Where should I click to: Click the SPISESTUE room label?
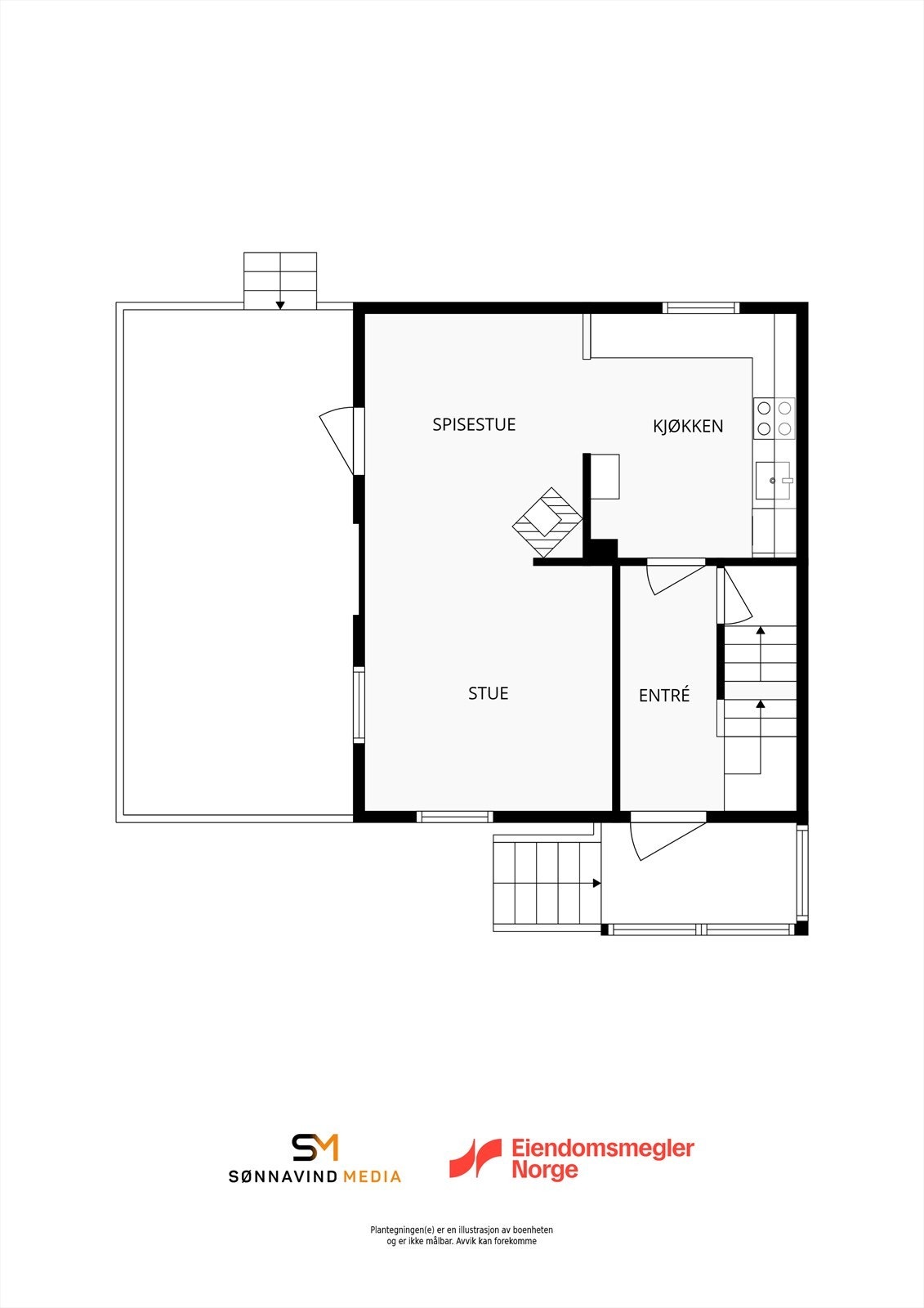474,424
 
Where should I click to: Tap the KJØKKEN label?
688,426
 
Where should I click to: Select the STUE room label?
488,693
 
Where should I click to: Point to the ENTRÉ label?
663,695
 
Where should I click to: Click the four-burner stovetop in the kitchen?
774,418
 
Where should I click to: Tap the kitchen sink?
774,480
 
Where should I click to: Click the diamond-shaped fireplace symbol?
547,523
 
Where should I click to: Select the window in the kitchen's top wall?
700,308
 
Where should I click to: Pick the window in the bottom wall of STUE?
454,816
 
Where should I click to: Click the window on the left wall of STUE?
358,705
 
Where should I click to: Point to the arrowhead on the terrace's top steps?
280,305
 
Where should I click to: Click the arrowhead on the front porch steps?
596,883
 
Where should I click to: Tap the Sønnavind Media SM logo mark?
315,1147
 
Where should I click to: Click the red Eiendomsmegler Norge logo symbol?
475,1158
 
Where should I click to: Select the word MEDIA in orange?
372,1176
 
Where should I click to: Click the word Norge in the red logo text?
544,1170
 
